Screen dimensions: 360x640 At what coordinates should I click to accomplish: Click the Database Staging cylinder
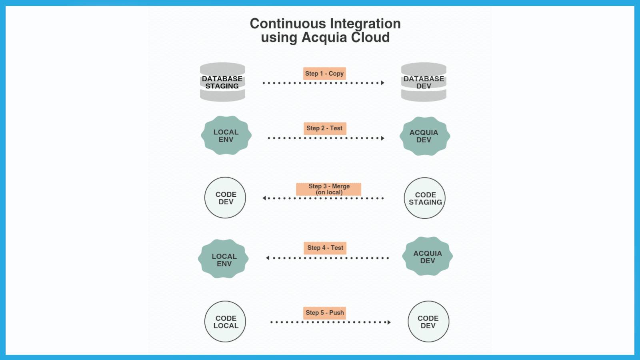[x=222, y=82]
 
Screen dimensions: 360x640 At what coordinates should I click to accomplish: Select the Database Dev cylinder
[x=424, y=82]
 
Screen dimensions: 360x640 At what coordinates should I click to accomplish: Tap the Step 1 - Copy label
[x=324, y=74]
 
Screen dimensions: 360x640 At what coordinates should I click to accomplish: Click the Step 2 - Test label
[x=324, y=128]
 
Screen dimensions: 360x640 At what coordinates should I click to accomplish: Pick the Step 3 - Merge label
[x=329, y=189]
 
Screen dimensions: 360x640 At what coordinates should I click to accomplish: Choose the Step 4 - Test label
[x=325, y=248]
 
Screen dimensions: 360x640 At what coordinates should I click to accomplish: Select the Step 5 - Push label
[x=325, y=313]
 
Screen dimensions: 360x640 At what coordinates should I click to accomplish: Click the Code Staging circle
[x=425, y=198]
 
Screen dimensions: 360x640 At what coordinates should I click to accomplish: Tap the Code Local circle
[x=225, y=322]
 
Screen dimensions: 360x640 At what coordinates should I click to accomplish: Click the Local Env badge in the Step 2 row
[x=226, y=136]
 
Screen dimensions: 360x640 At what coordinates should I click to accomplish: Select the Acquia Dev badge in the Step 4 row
[x=427, y=256]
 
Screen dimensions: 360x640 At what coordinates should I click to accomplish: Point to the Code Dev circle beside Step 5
[x=428, y=322]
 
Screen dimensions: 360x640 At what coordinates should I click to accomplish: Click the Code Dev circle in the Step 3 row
[x=225, y=198]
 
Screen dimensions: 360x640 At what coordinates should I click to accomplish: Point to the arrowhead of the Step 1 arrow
[x=383, y=83]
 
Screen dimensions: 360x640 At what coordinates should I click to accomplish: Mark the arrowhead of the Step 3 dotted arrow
[x=264, y=198]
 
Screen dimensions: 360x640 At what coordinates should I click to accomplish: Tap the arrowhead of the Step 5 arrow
[x=389, y=322]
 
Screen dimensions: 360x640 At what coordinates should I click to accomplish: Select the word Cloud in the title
[x=370, y=38]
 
